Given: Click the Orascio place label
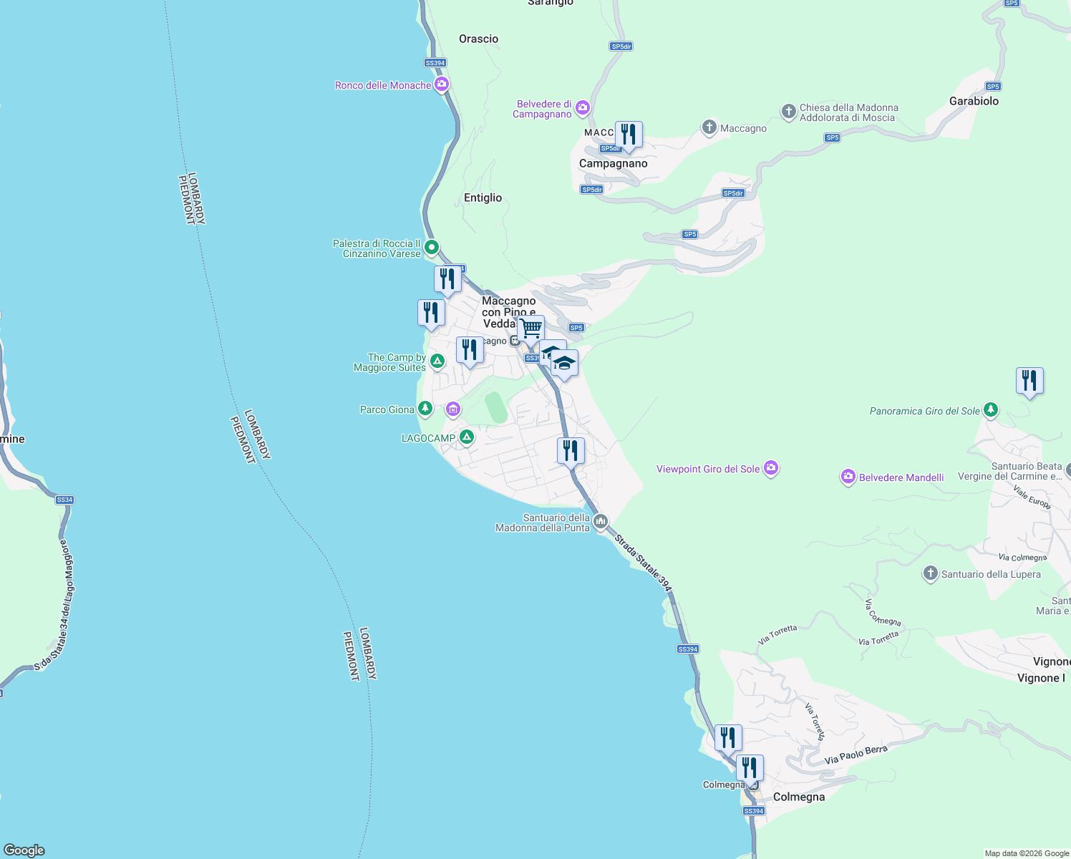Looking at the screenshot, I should coord(478,39).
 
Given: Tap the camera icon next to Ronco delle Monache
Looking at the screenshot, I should coord(442,84).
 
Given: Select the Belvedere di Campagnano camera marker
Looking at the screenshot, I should coord(583,108).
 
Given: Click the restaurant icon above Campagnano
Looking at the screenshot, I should coord(629,135).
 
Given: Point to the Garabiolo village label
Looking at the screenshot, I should coord(974,101).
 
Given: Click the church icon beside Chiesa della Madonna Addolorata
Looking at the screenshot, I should coord(788,112).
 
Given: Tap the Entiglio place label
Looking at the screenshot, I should coord(483,198).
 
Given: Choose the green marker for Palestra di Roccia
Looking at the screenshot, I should coord(432,248).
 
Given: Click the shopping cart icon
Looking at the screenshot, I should coord(530,329).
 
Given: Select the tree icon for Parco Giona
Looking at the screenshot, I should coord(425,409).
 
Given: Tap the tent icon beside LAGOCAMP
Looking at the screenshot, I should coord(467,437).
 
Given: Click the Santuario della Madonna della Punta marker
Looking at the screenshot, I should coord(601,521).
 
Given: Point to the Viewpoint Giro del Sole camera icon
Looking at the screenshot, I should coord(771,468).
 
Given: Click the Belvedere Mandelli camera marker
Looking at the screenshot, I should coord(848,477).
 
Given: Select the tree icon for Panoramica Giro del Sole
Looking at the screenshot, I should coord(991,410).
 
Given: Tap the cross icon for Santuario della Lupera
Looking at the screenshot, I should coord(930,573).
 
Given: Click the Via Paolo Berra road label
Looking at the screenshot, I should coord(856,754).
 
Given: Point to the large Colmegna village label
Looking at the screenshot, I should coord(799,797).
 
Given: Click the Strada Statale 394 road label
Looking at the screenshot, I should coord(644,563).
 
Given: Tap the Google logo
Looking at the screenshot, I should coord(24,850).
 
